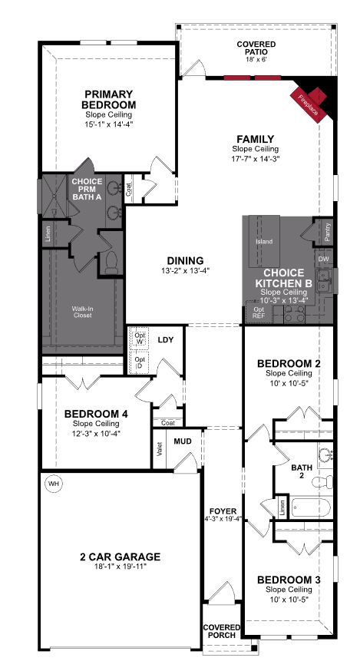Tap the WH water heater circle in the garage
click(53, 484)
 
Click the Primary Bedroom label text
click(110, 99)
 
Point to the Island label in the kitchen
click(263, 241)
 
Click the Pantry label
click(328, 233)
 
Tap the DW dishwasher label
click(322, 260)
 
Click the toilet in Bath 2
click(328, 481)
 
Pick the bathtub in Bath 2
click(312, 508)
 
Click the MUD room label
click(182, 441)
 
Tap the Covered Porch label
click(221, 632)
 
